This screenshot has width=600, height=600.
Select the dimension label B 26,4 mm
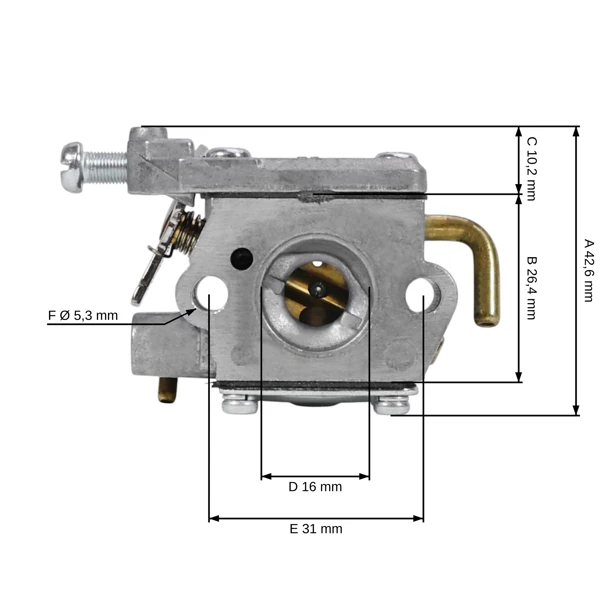tap(532, 288)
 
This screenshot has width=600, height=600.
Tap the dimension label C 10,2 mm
tap(532, 169)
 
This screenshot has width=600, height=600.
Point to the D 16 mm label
tap(315, 487)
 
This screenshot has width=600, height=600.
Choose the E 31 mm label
tap(316, 529)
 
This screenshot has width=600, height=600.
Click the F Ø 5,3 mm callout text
tap(83, 316)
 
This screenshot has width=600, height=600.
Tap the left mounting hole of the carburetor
tap(210, 292)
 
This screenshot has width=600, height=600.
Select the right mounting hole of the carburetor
tap(422, 295)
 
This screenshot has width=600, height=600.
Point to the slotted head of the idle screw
tap(72, 167)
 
